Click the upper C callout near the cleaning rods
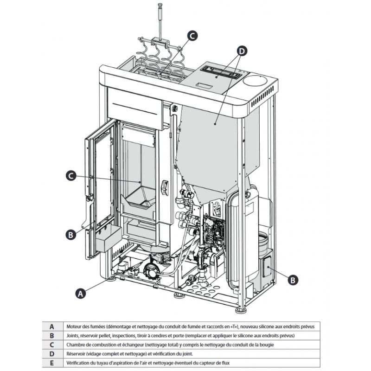click(192, 35)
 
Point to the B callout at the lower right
click(293, 280)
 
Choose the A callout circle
click(80, 293)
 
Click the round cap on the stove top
click(256, 81)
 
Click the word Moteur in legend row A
click(74, 326)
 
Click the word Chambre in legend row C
click(76, 345)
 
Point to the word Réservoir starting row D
click(77, 353)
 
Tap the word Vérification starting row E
click(78, 363)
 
